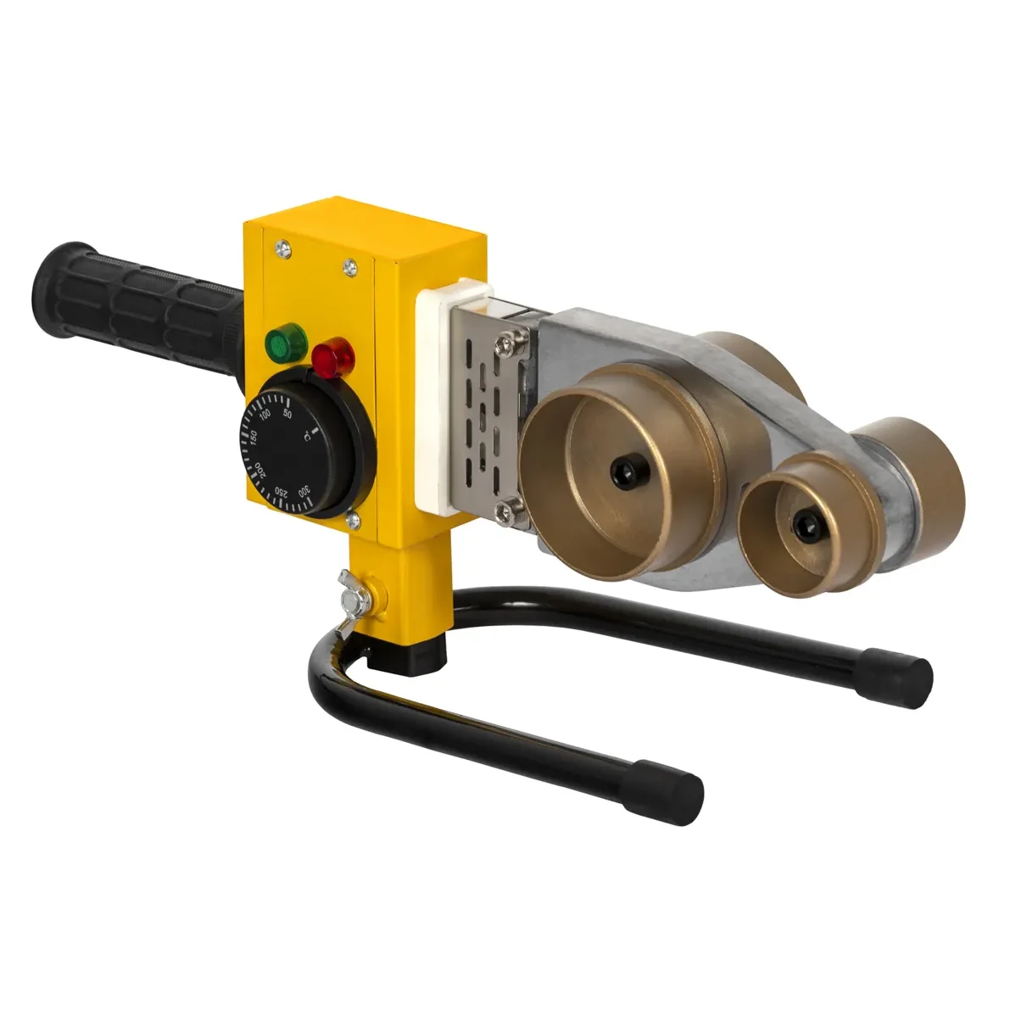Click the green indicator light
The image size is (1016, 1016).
(286, 342)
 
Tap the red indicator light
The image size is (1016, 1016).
(333, 355)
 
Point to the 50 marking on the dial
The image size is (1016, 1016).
(287, 414)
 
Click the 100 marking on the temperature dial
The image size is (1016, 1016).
(265, 416)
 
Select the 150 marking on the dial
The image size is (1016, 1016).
(254, 438)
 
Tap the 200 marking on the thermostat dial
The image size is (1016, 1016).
(260, 470)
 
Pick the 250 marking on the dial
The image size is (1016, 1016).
(282, 490)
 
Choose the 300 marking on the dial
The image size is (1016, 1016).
(304, 491)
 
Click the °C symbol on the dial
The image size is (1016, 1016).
(309, 436)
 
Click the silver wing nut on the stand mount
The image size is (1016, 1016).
(355, 592)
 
